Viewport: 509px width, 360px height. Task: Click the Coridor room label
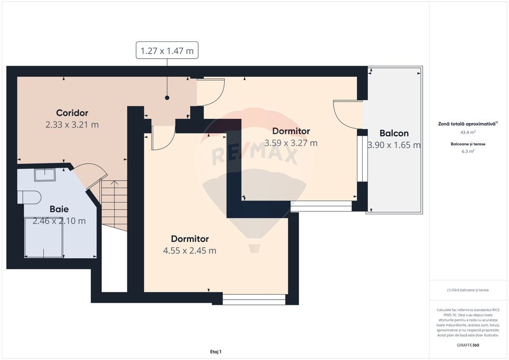coord(72,112)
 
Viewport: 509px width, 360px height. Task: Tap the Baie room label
coord(59,208)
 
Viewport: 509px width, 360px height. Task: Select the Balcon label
coord(394,133)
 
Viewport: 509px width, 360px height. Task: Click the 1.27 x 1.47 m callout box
coord(167,50)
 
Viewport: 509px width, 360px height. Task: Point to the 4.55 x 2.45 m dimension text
coord(190,251)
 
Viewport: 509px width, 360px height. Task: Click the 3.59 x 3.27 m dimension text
coord(291,143)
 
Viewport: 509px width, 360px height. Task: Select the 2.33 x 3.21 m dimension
coord(72,125)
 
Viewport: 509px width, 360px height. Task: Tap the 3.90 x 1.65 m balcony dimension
coord(394,145)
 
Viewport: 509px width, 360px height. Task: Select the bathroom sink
coord(45,174)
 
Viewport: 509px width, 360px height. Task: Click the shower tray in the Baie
coord(45,237)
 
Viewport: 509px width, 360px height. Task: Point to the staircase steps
coord(114,205)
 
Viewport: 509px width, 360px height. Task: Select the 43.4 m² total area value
coord(468,132)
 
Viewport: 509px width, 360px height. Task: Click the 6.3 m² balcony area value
coord(468,151)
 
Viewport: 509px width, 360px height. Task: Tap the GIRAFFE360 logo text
coord(468,345)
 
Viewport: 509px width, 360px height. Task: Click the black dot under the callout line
coord(167,98)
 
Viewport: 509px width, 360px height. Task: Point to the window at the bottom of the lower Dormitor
coord(254,300)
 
